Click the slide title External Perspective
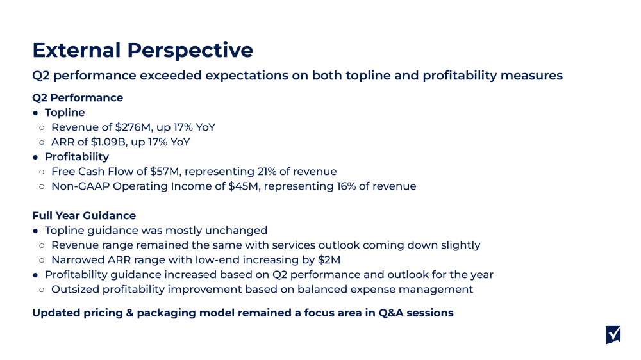(x=142, y=50)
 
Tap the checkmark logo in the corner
(x=613, y=334)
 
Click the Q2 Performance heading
(x=77, y=98)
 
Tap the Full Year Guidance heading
(x=84, y=216)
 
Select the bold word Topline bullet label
(x=65, y=113)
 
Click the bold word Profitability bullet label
(x=77, y=157)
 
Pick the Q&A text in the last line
(x=384, y=313)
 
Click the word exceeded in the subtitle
(x=172, y=76)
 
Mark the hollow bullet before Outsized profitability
(x=42, y=290)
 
